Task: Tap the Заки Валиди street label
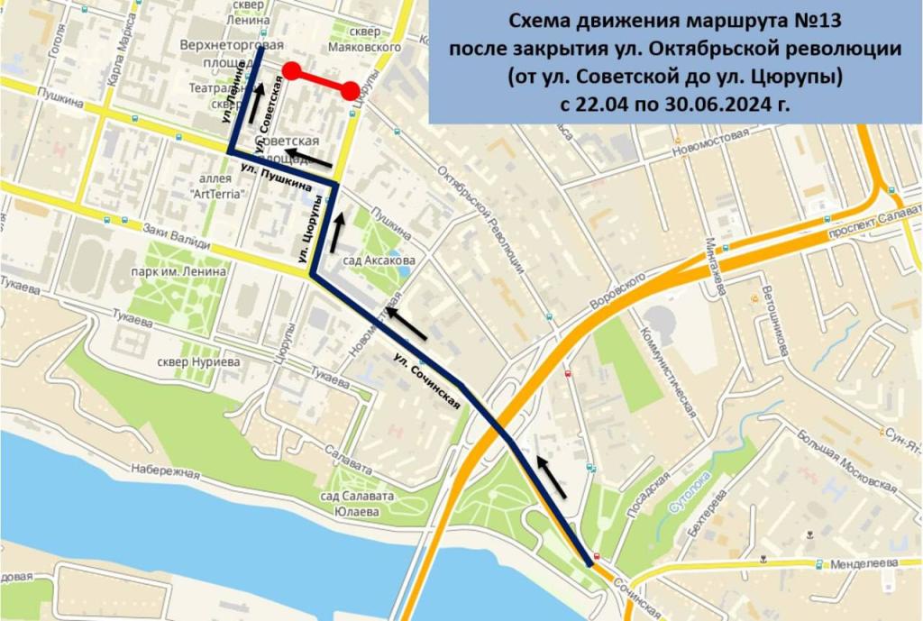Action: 184,236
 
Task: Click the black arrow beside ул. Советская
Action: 259,96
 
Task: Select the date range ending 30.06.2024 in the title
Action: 674,105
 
